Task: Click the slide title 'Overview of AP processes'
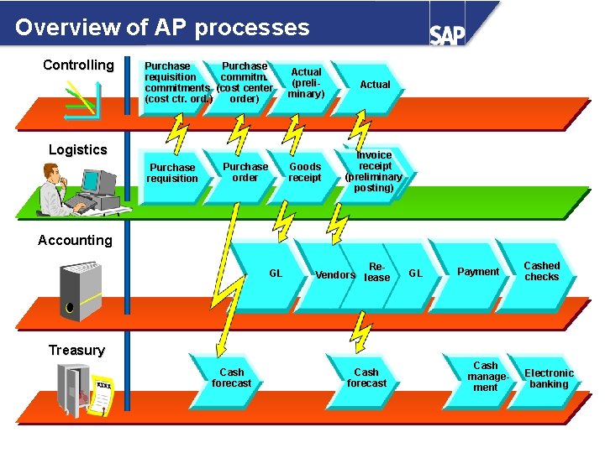(x=162, y=28)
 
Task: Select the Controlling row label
(x=78, y=65)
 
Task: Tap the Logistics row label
(x=77, y=150)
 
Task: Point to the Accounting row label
(x=75, y=241)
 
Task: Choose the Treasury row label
(x=76, y=351)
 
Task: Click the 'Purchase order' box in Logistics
(x=245, y=172)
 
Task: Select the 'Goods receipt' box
(x=305, y=172)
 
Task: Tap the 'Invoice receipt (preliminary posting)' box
(x=374, y=171)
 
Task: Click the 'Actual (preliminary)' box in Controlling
(x=306, y=83)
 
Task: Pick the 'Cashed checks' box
(x=541, y=271)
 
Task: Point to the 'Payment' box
(x=478, y=272)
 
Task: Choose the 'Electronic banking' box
(x=549, y=378)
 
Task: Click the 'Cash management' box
(x=485, y=377)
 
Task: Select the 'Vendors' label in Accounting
(x=334, y=275)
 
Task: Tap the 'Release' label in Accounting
(x=377, y=272)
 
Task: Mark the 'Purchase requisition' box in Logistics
(x=172, y=173)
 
